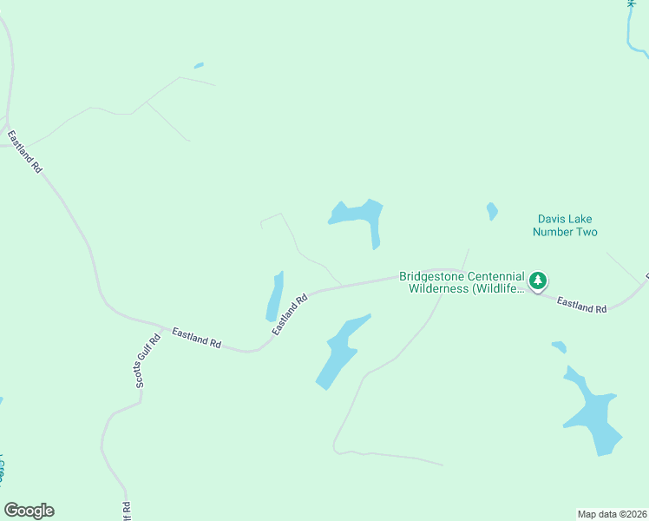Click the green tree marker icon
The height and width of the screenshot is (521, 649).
coord(539,280)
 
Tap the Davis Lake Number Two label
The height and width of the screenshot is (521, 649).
coord(566,226)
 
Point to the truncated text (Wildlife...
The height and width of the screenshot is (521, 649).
coord(499,288)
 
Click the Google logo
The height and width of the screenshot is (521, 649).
coord(29,511)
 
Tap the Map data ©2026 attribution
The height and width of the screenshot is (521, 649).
coord(612,514)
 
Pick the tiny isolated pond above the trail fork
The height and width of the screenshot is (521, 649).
coord(200,65)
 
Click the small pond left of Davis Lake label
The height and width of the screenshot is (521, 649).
coord(492,211)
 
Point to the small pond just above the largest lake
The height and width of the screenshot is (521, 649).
coord(559,346)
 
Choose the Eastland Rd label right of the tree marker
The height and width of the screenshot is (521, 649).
coord(581,305)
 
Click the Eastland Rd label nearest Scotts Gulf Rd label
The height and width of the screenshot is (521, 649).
coord(195,338)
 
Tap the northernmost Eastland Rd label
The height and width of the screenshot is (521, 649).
coord(24,152)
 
